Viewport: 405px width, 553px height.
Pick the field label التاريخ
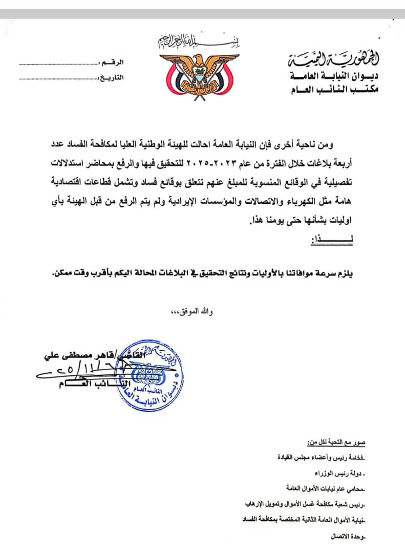(x=111, y=78)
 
